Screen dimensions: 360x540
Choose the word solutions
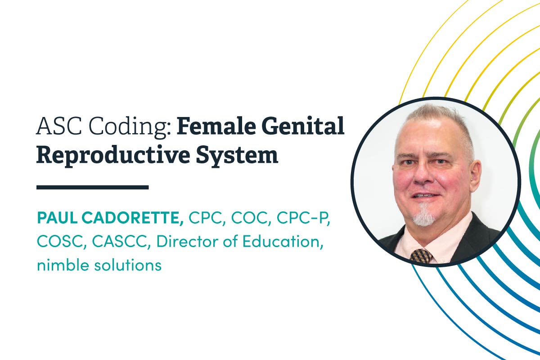(130, 265)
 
